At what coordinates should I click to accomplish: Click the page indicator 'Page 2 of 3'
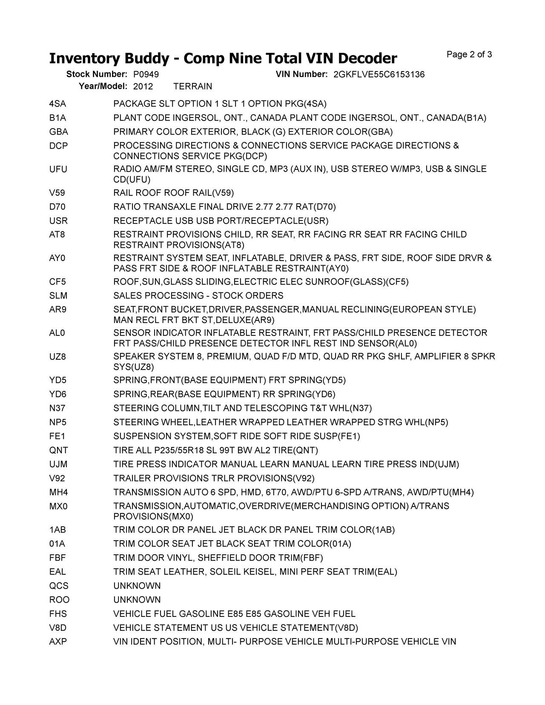(x=469, y=54)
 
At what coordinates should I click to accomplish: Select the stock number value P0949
(x=146, y=75)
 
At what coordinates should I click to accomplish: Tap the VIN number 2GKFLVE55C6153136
(x=379, y=75)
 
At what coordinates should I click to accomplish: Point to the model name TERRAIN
(x=192, y=86)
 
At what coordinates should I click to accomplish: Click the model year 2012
(x=143, y=86)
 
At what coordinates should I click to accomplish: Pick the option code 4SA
(x=57, y=104)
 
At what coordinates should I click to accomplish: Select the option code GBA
(x=58, y=132)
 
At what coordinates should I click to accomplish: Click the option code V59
(x=57, y=193)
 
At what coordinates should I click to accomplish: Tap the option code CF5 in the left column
(x=57, y=282)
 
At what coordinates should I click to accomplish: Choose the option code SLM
(x=58, y=296)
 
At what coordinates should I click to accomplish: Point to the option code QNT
(x=58, y=450)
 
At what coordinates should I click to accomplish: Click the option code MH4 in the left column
(x=58, y=493)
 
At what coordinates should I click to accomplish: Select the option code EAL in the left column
(x=57, y=572)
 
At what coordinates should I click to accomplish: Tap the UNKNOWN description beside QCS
(x=137, y=586)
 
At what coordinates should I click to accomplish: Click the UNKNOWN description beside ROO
(x=137, y=600)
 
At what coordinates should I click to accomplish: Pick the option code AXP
(x=58, y=642)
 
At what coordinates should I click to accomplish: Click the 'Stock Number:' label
(x=97, y=75)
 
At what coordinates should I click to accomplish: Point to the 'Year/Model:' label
(x=103, y=86)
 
